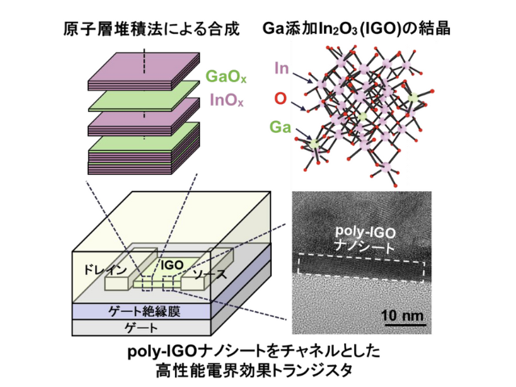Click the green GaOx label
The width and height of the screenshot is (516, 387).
click(x=226, y=77)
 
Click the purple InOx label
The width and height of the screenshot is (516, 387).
click(x=227, y=100)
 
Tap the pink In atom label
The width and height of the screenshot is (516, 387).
click(x=281, y=69)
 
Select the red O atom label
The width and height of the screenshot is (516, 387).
click(x=281, y=98)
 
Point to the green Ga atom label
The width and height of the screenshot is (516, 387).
click(x=281, y=127)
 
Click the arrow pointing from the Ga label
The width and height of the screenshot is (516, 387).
click(x=303, y=133)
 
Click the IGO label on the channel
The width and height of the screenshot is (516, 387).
click(x=172, y=265)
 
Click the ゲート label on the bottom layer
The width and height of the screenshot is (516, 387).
click(x=141, y=327)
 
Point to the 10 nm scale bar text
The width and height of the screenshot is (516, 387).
click(x=402, y=315)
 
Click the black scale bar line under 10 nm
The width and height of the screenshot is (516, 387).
click(x=405, y=325)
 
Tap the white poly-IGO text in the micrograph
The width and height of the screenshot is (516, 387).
click(x=365, y=232)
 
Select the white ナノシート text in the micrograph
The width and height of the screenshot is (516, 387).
click(x=364, y=247)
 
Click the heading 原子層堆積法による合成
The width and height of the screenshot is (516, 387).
click(x=152, y=29)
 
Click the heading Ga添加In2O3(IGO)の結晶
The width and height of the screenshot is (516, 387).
click(x=356, y=29)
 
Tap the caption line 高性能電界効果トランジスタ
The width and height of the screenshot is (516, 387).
click(x=254, y=370)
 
